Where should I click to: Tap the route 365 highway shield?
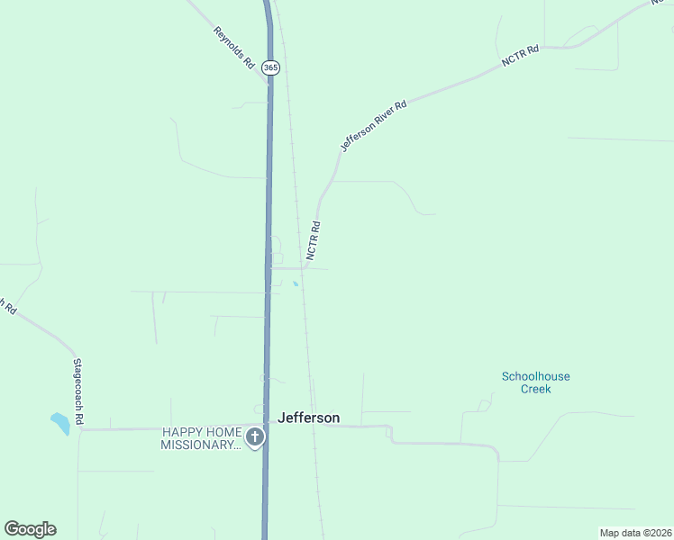coord(270,67)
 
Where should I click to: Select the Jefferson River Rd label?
coord(373,125)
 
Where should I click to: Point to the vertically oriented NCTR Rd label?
coord(314,241)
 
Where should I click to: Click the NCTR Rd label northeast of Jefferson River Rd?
coord(520,56)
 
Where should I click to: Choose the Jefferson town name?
coord(309,418)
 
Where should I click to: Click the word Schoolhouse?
coord(535,376)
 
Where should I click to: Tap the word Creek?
coord(535,389)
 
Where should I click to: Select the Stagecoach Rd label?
coord(78,391)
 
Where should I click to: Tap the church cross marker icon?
coord(255,438)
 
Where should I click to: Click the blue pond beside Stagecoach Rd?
coord(59,422)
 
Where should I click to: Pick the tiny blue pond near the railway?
coord(296,285)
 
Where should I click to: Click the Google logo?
coord(31,529)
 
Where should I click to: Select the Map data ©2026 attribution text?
coord(635,533)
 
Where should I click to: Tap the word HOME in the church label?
coord(222,432)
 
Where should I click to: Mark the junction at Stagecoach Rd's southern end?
coord(80,429)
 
